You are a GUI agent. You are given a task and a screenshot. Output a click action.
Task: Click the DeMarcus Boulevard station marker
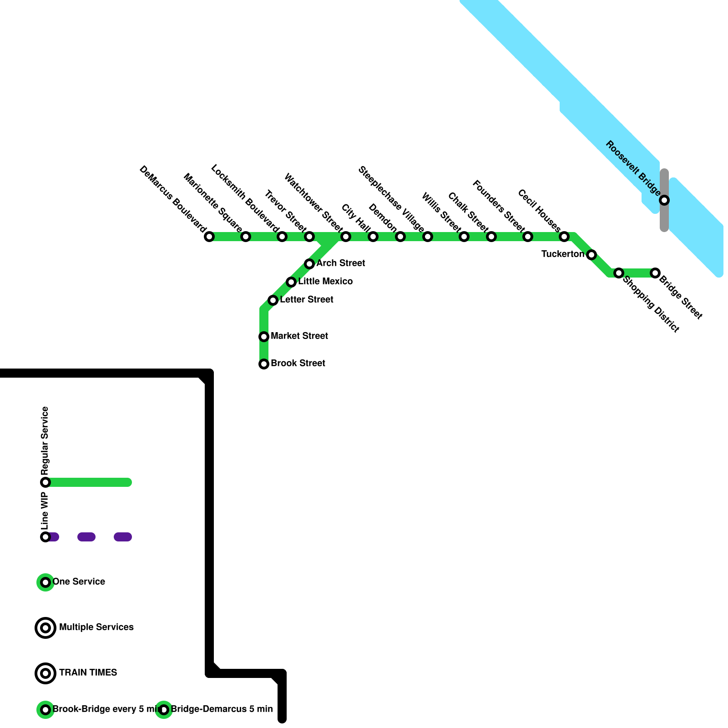(209, 237)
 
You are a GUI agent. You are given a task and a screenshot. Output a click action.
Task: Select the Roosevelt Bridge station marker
(664, 200)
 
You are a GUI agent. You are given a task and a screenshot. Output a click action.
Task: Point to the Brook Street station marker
(264, 364)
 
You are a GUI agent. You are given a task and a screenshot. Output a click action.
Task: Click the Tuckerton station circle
(591, 255)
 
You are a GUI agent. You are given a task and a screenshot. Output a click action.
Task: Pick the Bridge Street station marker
(655, 273)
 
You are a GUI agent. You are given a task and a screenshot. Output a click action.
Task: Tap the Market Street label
(299, 336)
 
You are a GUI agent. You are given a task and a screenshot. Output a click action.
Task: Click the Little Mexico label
(325, 282)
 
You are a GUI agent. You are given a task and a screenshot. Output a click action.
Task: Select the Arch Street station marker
(309, 264)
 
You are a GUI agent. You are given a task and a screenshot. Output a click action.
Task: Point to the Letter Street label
(307, 300)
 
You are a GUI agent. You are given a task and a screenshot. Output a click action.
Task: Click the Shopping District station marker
(619, 273)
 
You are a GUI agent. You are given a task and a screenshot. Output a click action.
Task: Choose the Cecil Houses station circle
(564, 237)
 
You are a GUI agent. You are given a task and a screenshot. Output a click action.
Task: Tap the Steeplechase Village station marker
(428, 237)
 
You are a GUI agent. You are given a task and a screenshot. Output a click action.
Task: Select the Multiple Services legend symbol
(45, 628)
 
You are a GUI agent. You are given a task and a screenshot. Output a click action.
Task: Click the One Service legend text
(79, 582)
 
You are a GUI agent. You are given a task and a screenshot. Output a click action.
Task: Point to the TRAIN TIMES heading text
(88, 673)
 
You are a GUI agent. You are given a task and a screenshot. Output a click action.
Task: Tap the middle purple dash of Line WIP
(86, 537)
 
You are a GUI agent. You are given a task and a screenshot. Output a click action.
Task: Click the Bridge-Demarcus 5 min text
(222, 709)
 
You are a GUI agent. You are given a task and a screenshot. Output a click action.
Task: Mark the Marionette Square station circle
(246, 237)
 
